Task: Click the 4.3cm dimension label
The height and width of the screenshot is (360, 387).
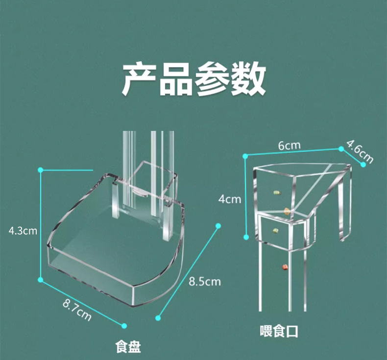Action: coord(23,231)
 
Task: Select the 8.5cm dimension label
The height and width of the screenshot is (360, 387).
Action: coord(205,282)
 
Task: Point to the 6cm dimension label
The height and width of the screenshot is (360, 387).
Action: coord(289,145)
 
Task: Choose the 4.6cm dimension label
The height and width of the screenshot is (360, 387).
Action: coord(360,152)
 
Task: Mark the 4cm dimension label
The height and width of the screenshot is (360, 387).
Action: coord(230,199)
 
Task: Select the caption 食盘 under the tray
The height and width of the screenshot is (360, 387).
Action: coord(128,347)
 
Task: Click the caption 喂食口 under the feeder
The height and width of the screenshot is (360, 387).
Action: coord(279,332)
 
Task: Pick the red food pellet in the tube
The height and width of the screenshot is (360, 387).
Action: coord(282,266)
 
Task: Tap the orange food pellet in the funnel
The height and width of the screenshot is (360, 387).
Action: coord(287,211)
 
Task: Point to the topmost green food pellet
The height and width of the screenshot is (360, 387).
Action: coord(276,192)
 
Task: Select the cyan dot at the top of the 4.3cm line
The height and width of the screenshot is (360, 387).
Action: coord(41,170)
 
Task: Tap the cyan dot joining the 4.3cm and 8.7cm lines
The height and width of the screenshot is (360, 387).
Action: coord(41,280)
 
